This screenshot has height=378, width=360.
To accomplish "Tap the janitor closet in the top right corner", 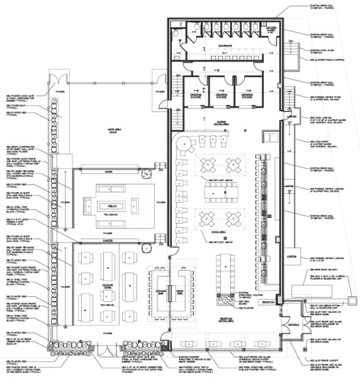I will tap(271, 31).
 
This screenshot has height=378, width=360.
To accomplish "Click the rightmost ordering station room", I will tap(251, 96).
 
